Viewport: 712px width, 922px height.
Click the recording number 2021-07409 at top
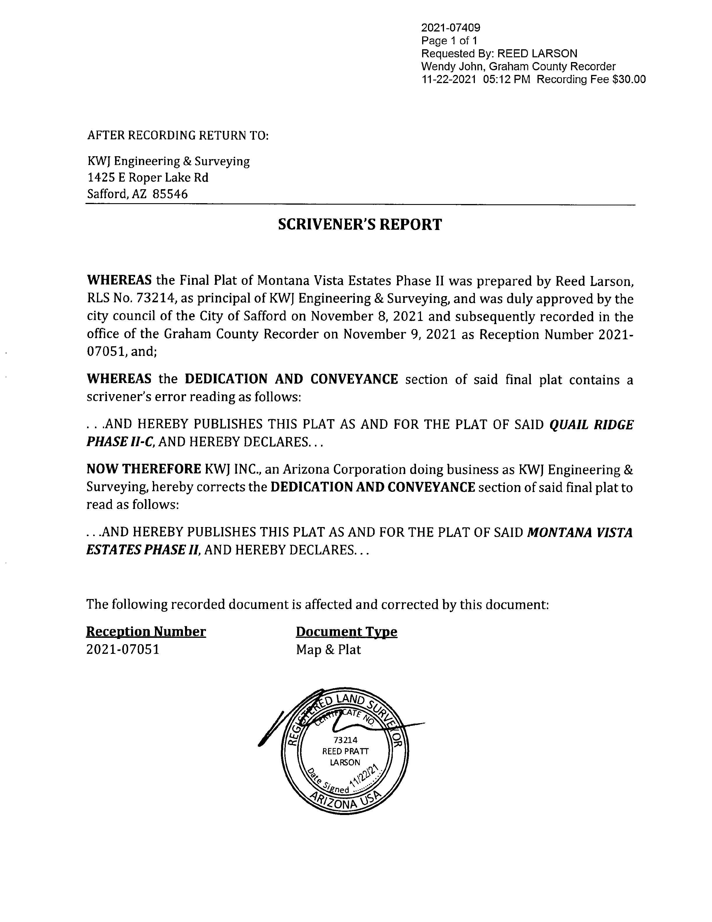[450, 28]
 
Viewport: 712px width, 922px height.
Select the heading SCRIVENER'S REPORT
[360, 224]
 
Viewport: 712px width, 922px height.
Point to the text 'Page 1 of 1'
[449, 41]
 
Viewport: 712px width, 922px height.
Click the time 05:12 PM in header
[506, 79]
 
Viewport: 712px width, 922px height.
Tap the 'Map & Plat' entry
[328, 649]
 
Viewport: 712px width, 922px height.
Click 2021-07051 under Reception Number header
[123, 649]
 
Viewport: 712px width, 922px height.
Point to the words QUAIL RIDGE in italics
[591, 425]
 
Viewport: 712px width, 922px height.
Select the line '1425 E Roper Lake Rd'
[148, 178]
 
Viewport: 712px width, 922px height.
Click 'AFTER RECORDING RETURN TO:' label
[178, 136]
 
